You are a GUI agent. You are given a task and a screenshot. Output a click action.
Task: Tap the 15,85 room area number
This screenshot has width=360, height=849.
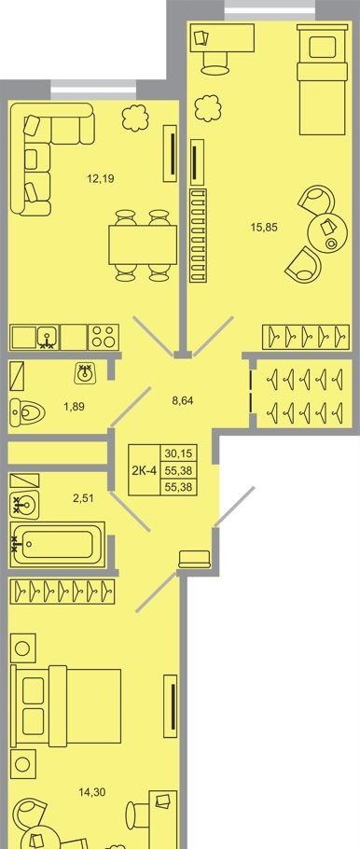click(x=264, y=228)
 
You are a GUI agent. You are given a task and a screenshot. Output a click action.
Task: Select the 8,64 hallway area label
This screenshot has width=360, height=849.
click(x=182, y=401)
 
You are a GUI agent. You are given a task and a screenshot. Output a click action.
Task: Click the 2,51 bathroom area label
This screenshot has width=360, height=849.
click(x=82, y=498)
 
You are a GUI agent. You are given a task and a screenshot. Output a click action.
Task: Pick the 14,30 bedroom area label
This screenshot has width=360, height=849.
click(x=91, y=793)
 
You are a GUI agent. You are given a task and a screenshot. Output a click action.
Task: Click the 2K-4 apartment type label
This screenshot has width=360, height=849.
click(x=144, y=469)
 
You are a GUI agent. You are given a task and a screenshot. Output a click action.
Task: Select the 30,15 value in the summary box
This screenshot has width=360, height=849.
click(x=178, y=452)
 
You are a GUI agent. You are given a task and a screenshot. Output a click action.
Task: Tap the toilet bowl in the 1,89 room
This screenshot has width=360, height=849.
click(x=27, y=411)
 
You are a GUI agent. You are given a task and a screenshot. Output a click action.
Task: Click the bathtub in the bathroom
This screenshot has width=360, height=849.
click(x=58, y=545)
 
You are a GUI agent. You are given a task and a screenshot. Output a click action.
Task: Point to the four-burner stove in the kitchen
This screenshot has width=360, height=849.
click(x=104, y=337)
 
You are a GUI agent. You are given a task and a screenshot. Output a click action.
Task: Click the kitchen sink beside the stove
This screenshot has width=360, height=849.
click(x=48, y=337)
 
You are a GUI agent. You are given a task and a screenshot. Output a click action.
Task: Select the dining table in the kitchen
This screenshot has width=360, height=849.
click(x=143, y=244)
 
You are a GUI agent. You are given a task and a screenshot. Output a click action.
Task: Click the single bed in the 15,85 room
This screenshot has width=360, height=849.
click(x=322, y=79)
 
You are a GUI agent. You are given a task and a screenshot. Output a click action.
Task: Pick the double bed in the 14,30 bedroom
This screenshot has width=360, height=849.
click(x=66, y=705)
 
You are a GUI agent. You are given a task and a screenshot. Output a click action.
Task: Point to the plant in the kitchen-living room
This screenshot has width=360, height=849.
click(x=135, y=118)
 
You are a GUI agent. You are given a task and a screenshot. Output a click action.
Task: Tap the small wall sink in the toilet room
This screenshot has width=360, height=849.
click(x=86, y=372)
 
